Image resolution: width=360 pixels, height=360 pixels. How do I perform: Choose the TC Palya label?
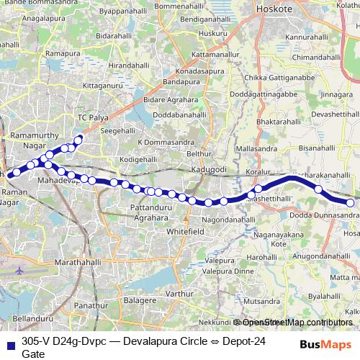pos(92,117)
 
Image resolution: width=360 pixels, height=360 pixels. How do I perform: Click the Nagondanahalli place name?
pos(229,218)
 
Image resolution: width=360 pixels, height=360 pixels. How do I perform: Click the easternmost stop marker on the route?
pos(351,203)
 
